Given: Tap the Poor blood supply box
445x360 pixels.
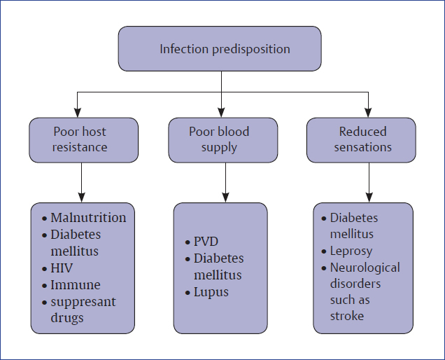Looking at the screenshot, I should tap(222, 139).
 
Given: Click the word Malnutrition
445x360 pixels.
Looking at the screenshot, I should tap(88, 217).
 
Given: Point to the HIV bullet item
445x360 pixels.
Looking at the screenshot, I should tap(62, 268).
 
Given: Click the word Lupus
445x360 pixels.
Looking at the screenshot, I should tap(211, 291).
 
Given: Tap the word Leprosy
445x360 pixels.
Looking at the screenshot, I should tap(351, 251).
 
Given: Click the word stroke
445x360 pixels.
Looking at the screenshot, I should tap(347, 316).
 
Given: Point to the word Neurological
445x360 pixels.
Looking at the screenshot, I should tap(365, 268).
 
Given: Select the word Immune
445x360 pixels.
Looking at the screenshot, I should tap(76, 284).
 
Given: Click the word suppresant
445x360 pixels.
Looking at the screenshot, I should tap(83, 301).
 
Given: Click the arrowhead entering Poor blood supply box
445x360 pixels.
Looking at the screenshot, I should tap(221, 112).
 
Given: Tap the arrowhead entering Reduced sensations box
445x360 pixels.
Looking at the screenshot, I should tap(368, 112).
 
